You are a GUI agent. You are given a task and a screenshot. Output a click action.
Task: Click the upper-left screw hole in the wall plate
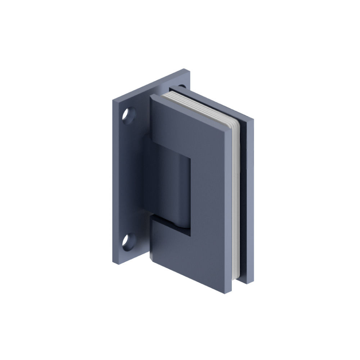pos(128,116)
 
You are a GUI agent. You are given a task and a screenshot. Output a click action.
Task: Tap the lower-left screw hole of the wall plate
pos(128,241)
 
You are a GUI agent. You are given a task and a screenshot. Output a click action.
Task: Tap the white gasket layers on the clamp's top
pos(194,103)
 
